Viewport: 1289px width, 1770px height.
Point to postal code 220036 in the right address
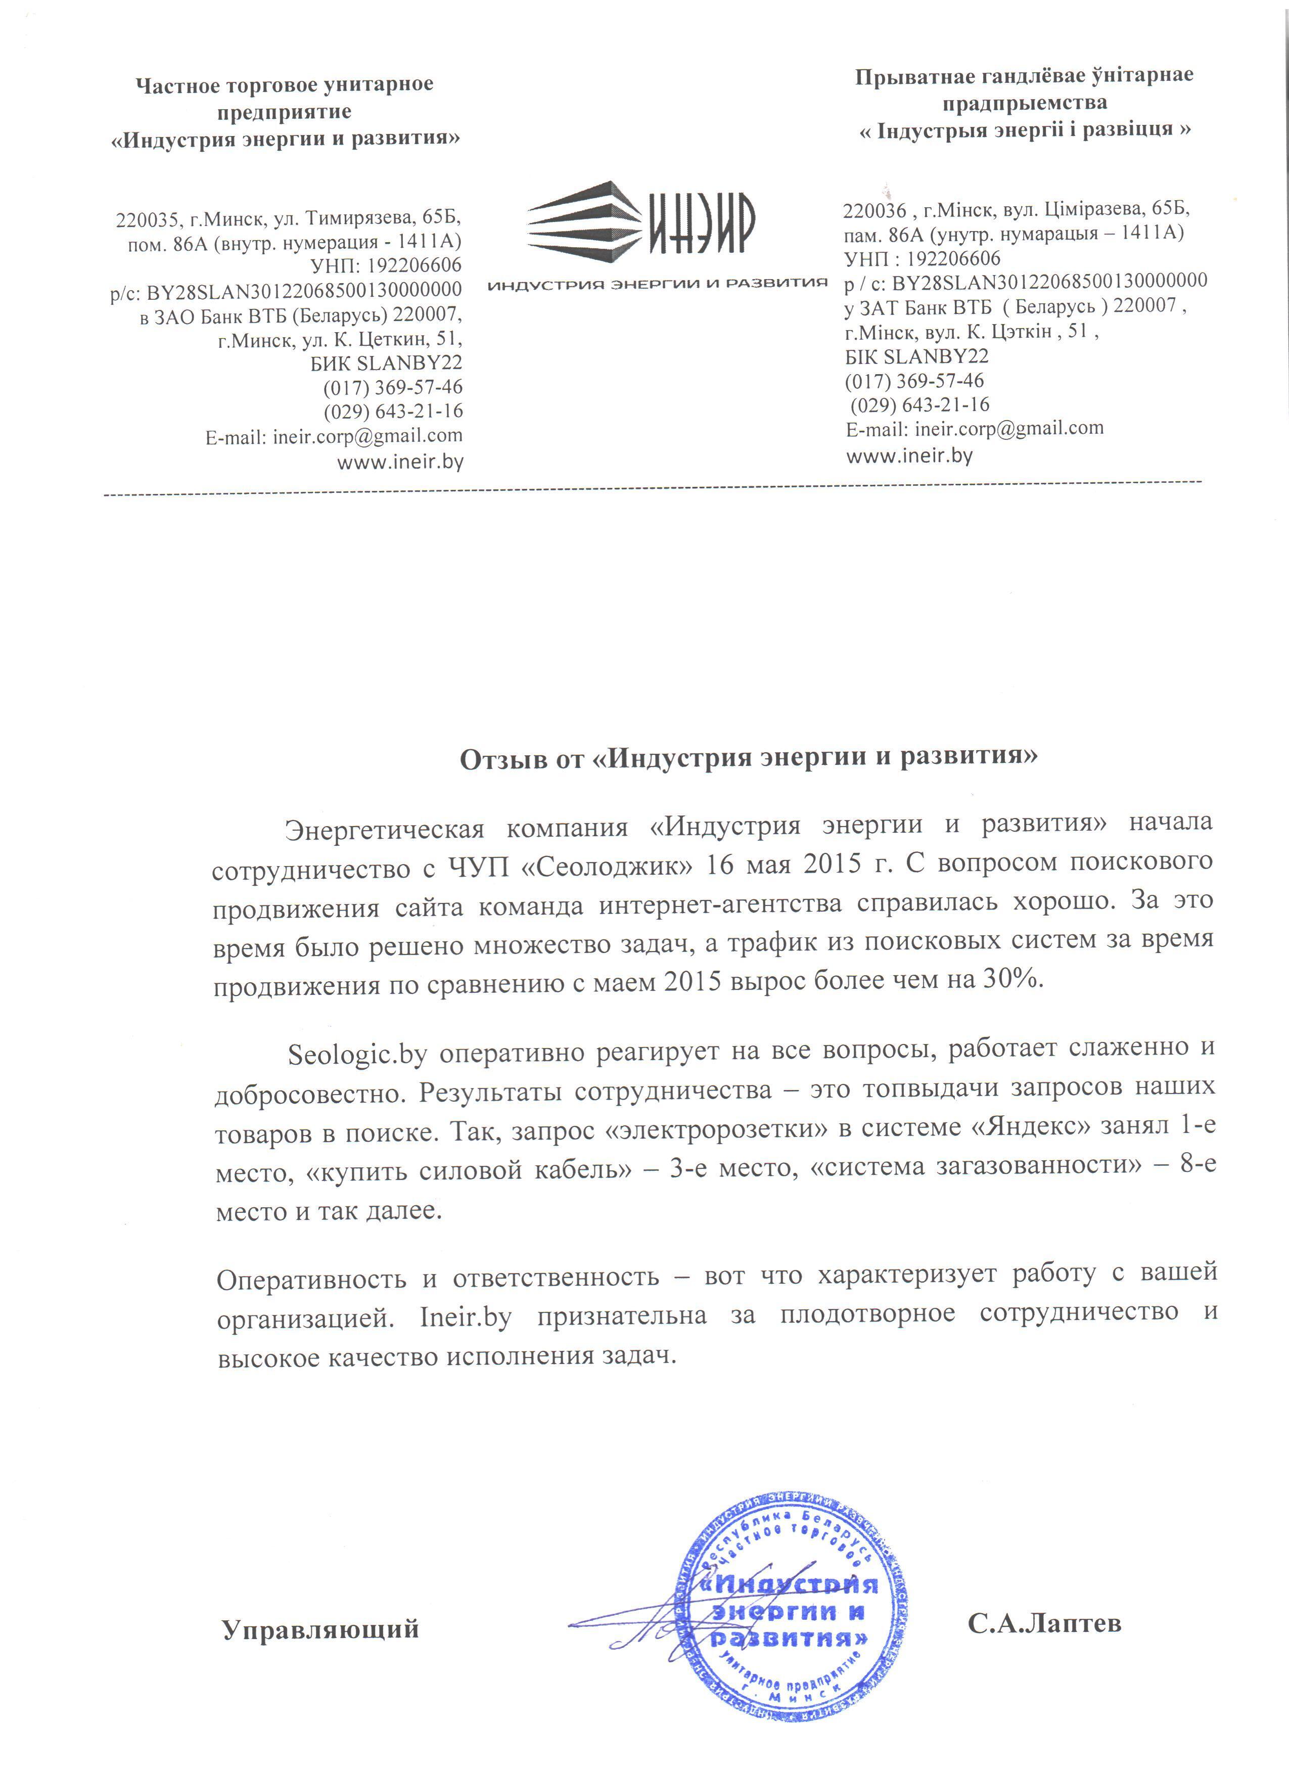click(x=874, y=211)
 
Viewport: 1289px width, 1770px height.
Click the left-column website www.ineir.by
click(x=400, y=462)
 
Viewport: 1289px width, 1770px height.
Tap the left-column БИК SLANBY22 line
click(x=386, y=363)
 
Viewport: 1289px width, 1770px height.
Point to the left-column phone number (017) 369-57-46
click(x=392, y=387)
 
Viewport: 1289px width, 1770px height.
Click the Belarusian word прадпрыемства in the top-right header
click(x=1024, y=102)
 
